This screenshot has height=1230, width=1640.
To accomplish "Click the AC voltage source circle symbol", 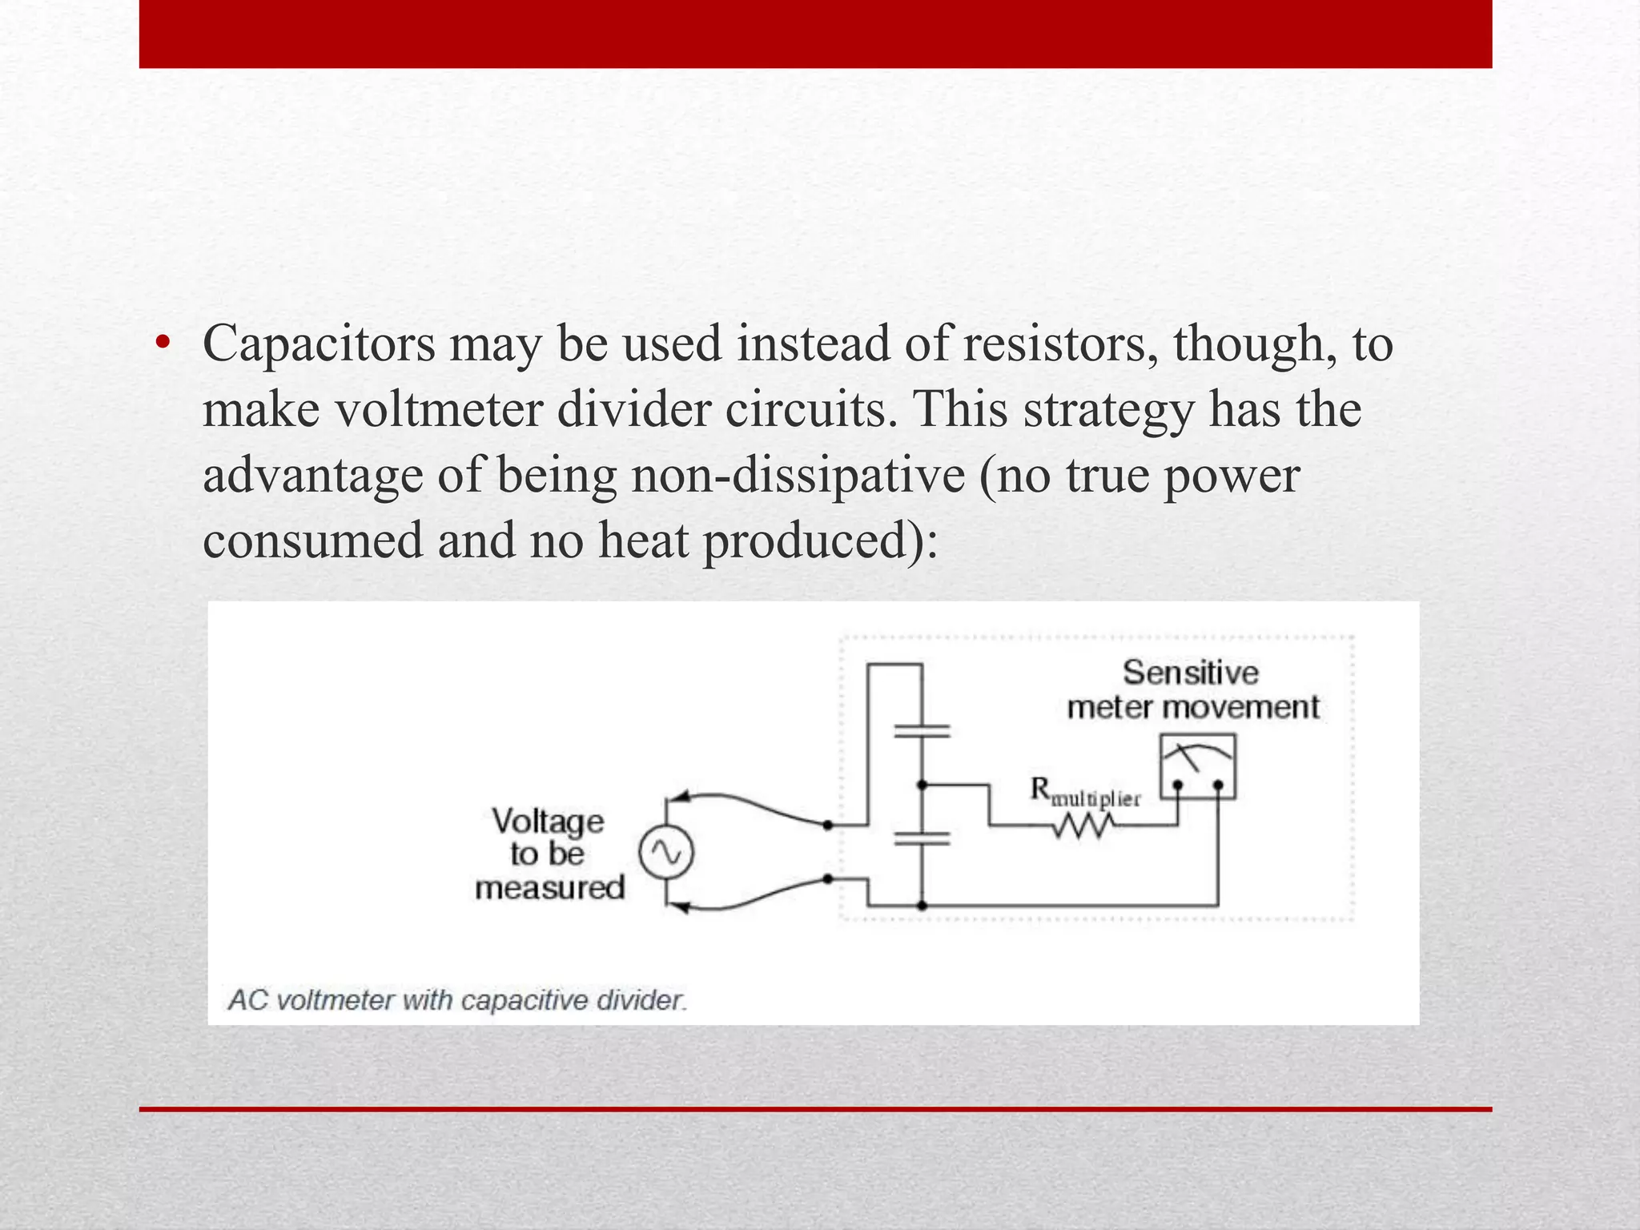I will (665, 853).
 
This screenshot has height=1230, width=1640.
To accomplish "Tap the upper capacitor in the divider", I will (922, 730).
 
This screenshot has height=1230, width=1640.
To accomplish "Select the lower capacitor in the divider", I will (922, 838).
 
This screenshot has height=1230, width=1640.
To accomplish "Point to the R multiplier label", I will (1084, 792).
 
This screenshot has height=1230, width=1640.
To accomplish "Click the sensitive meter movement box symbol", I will (1197, 767).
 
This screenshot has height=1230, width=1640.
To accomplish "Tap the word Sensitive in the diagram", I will (1190, 673).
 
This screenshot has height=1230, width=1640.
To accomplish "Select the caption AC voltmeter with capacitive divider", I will (457, 1000).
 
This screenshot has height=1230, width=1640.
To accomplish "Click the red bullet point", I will (163, 344).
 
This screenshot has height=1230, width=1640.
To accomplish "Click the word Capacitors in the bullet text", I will (319, 344).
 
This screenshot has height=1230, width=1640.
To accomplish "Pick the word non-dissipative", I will (798, 475).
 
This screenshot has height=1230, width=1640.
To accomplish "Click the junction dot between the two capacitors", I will (922, 785).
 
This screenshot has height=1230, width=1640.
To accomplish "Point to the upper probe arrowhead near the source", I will (680, 796).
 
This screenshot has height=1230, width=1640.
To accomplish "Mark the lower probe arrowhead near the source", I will (680, 907).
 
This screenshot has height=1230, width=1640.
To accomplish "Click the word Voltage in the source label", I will (548, 822).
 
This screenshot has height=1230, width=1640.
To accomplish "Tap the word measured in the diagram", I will (549, 888).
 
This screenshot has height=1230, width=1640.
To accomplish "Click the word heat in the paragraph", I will (643, 541).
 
